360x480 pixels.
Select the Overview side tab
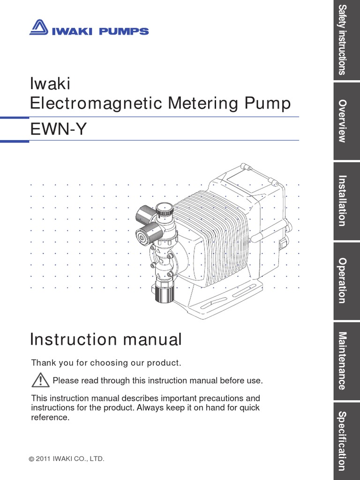tap(346, 121)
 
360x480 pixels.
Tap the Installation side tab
tap(346, 201)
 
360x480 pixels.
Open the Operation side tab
tap(346, 281)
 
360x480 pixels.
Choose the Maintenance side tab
tap(346, 361)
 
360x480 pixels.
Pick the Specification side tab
tap(346, 441)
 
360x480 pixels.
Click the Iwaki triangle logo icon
tap(39, 28)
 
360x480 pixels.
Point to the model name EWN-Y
tap(58, 129)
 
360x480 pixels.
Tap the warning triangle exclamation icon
tap(41, 380)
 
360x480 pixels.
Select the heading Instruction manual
tap(105, 339)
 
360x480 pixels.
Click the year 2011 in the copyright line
tap(45, 459)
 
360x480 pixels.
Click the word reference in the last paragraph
tap(50, 417)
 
